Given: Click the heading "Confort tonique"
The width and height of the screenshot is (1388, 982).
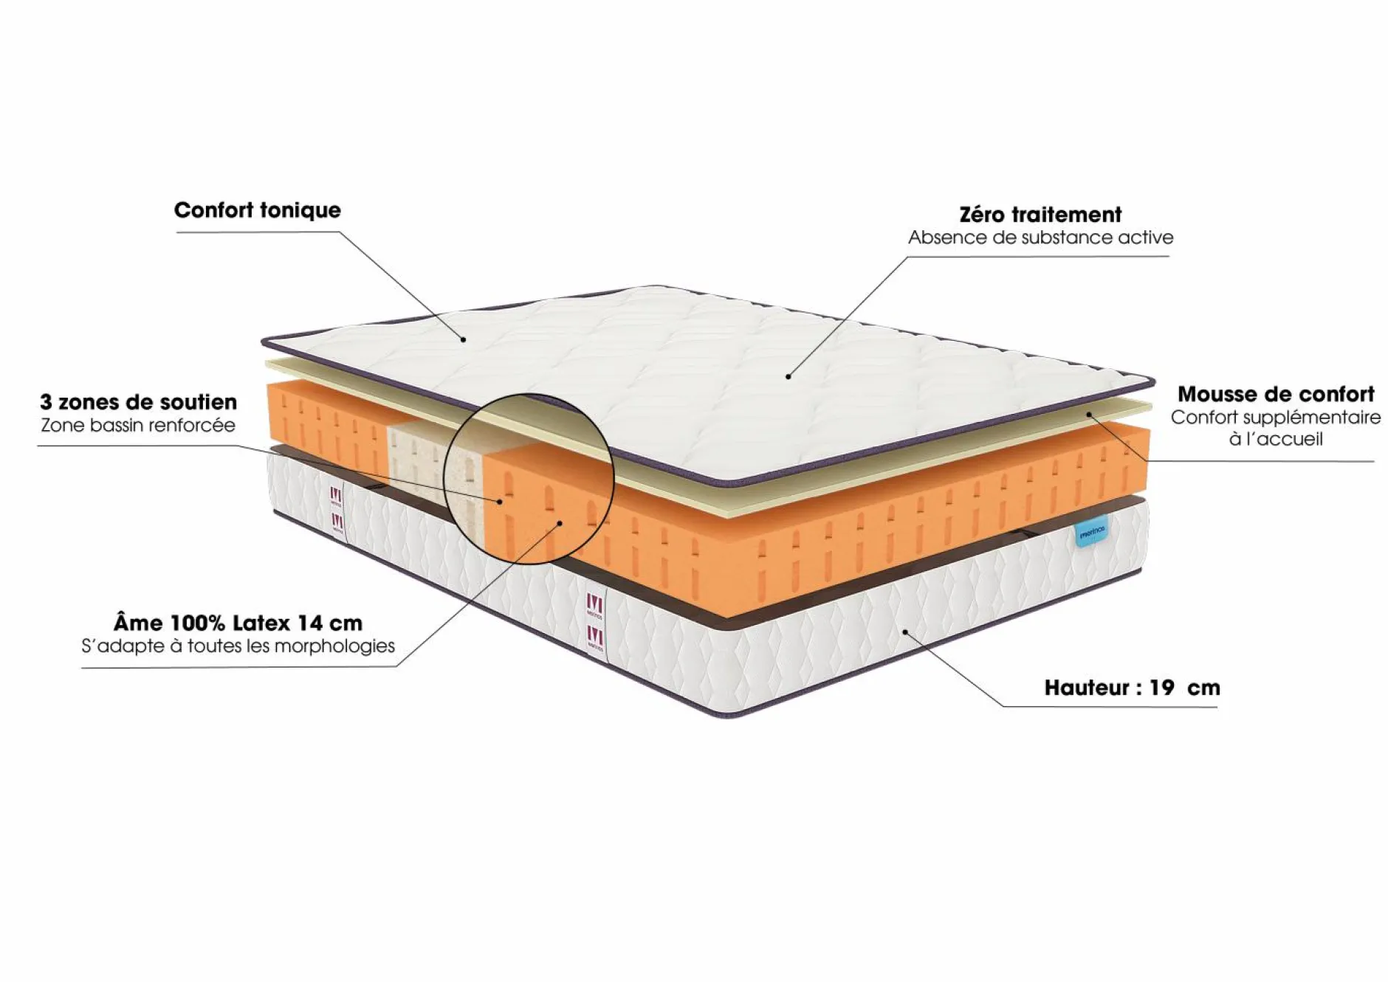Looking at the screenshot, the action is click(258, 210).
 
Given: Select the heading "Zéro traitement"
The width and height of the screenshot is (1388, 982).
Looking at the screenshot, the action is click(1040, 215).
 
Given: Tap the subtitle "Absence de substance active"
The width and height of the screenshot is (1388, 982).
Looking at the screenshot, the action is click(1040, 238).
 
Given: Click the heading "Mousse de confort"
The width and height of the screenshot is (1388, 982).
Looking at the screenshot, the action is click(1276, 394).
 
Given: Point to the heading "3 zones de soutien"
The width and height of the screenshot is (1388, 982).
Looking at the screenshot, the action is click(139, 402).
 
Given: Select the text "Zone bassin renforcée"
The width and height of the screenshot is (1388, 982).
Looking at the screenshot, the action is click(138, 425).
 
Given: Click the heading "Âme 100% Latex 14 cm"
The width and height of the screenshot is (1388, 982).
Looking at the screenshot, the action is click(238, 623).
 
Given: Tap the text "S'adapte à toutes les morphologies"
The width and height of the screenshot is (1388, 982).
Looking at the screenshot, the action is click(238, 646).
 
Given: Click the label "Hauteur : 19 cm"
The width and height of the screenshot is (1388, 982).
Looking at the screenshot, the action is click(1132, 688).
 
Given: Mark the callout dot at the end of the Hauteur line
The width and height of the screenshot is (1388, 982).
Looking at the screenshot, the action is click(905, 632).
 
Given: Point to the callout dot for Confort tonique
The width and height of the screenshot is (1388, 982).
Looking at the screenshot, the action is click(464, 339).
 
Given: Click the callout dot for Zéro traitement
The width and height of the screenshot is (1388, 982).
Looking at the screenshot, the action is click(789, 377).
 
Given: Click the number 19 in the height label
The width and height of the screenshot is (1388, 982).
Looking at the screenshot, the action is click(1161, 688).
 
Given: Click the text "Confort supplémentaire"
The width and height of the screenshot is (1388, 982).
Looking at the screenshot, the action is click(1276, 418).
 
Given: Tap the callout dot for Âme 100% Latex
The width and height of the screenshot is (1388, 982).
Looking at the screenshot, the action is click(560, 523).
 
